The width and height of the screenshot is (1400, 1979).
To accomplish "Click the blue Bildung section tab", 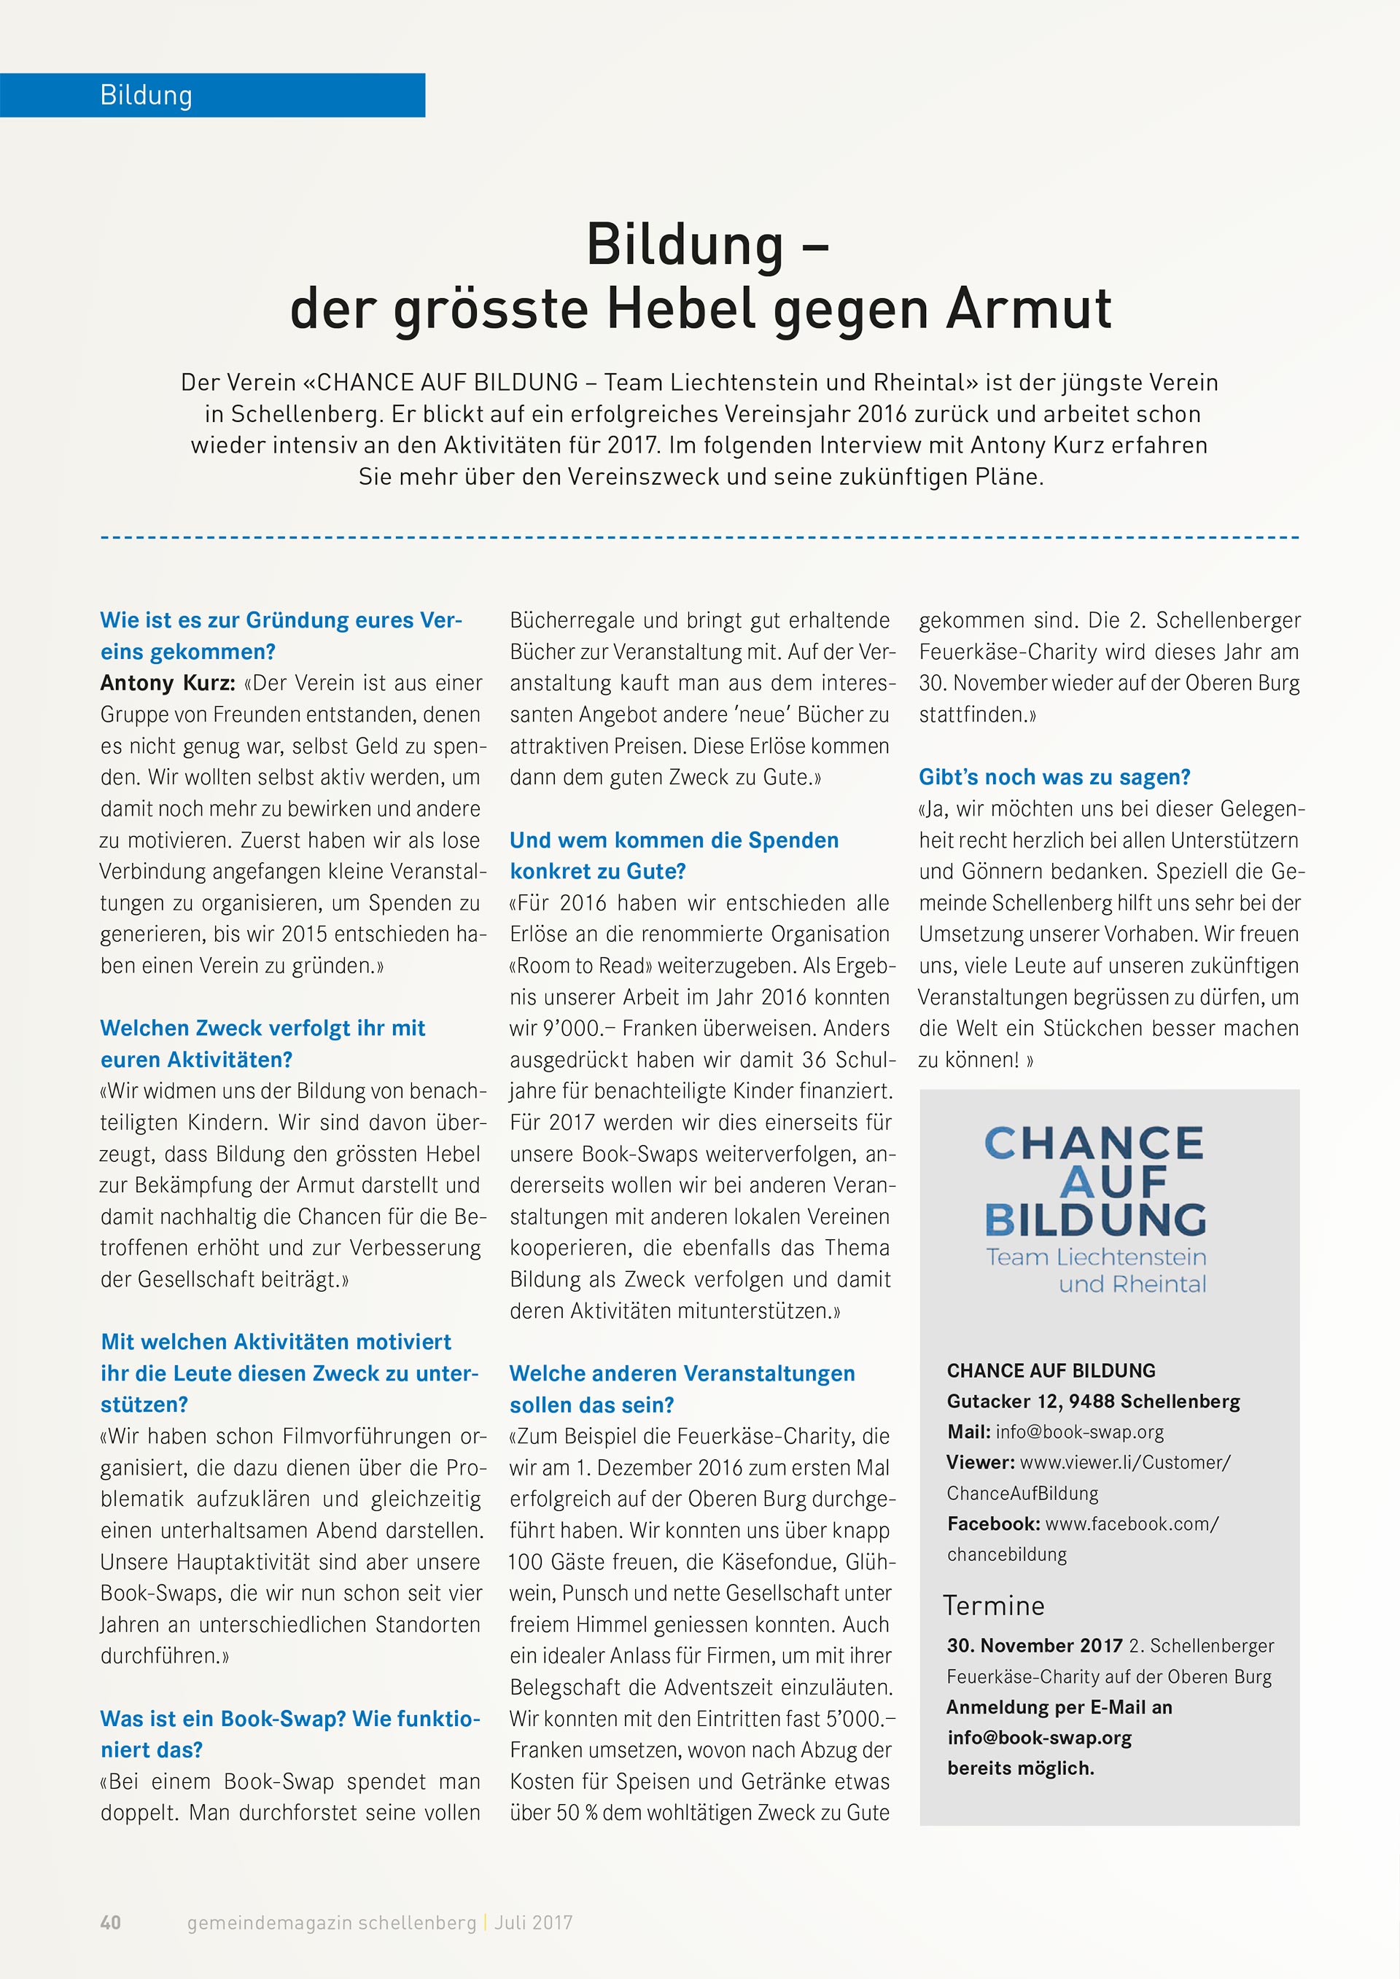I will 212,95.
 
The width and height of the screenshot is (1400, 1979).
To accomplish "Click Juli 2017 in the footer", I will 534,1922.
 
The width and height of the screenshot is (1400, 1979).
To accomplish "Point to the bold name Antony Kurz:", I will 167,683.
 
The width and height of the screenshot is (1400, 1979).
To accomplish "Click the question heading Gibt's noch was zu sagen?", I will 1054,776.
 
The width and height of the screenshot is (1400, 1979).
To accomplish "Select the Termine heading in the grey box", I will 993,1606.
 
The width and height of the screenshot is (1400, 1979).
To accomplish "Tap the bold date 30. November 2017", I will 1035,1645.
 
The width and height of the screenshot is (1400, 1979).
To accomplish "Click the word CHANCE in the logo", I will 1094,1144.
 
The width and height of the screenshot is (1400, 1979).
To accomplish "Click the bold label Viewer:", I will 980,1463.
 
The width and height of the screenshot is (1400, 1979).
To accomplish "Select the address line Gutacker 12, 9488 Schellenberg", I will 1093,1402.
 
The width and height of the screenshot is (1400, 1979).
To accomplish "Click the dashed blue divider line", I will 699,538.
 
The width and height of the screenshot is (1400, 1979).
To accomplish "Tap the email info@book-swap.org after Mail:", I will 1079,1432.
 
